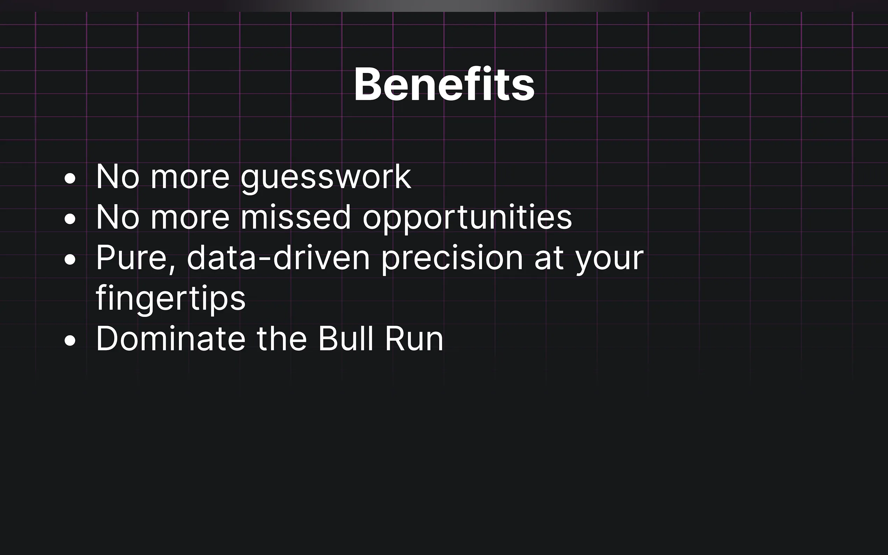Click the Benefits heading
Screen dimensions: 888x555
tap(444, 84)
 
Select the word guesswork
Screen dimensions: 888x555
tap(325, 178)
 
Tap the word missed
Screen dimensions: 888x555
tap(295, 217)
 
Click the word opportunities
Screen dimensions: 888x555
tap(467, 218)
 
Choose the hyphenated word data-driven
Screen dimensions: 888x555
tap(278, 257)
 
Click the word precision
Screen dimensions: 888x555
tap(452, 259)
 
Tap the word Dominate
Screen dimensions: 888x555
tap(170, 338)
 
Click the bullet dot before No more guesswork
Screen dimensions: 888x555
tap(70, 178)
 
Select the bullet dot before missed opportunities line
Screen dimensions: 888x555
tap(70, 219)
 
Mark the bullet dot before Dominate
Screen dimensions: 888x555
tap(70, 340)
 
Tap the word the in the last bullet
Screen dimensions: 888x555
tap(281, 338)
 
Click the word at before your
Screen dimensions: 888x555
tap(549, 259)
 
